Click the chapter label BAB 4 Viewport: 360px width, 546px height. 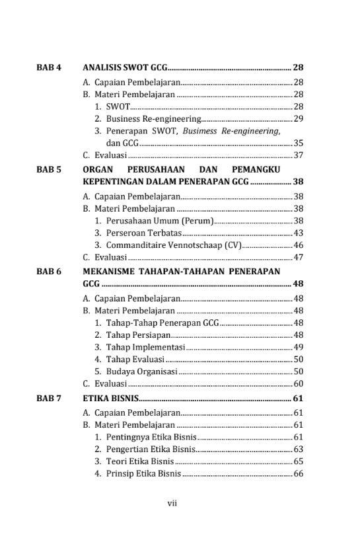click(49, 67)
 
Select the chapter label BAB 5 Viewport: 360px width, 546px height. click(49, 169)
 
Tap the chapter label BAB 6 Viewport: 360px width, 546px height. click(49, 272)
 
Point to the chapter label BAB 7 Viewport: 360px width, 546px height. click(49, 399)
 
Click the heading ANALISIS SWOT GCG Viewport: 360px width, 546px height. click(125, 67)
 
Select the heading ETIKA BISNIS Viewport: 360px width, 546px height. click(111, 399)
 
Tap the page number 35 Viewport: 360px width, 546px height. click(298, 143)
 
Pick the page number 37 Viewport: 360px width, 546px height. click(298, 155)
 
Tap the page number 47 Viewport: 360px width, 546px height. click(298, 258)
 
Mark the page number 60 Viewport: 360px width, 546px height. click(298, 384)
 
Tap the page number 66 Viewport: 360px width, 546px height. click(298, 474)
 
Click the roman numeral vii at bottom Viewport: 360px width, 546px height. click(172, 503)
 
